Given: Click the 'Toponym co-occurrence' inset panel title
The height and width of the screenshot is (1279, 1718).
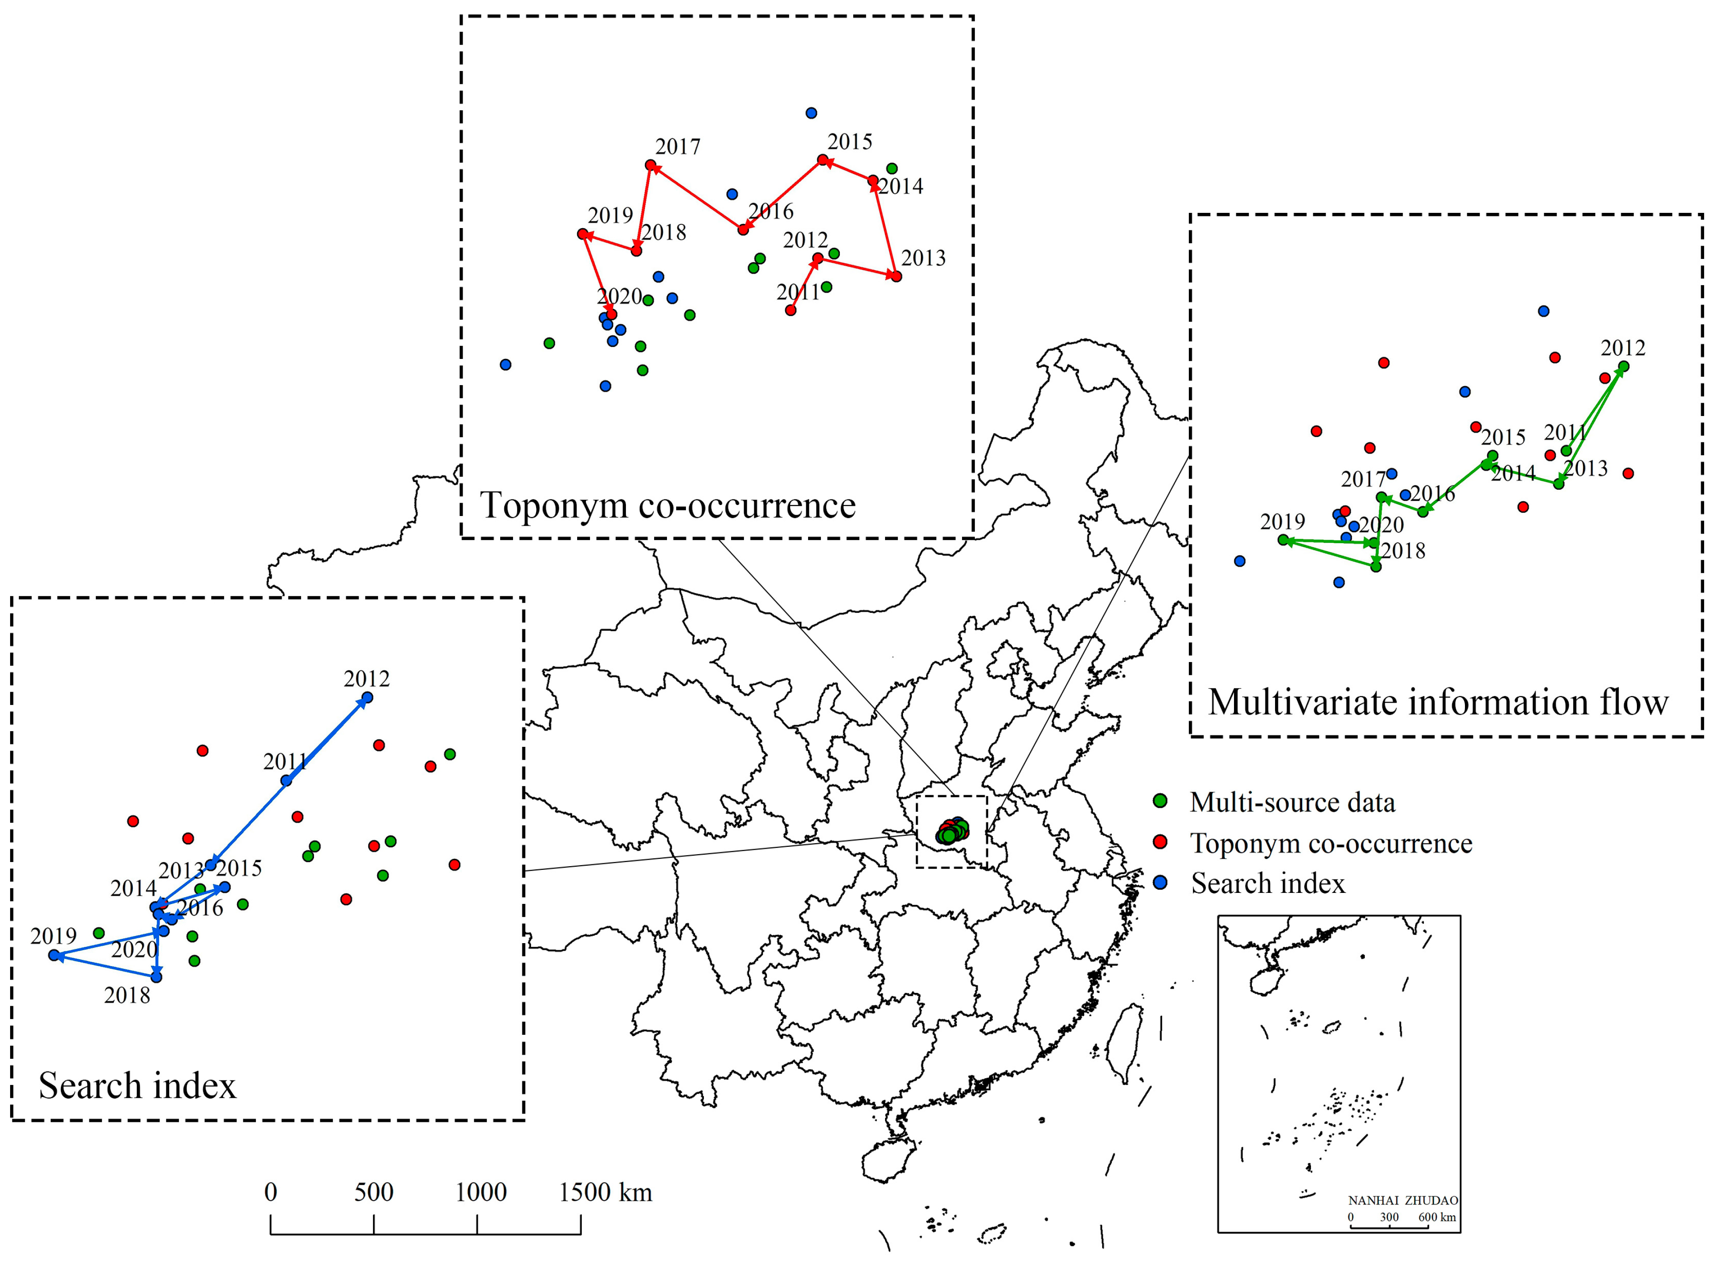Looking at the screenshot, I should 667,505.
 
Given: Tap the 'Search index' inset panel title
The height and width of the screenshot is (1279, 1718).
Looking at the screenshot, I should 137,1085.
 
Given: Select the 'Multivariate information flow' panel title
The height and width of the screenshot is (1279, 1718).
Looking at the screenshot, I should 1438,702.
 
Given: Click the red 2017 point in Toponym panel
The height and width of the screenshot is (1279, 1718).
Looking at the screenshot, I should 650,165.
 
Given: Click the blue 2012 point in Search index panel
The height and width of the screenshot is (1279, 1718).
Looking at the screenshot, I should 367,698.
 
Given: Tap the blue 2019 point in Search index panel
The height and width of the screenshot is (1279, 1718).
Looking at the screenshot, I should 53,956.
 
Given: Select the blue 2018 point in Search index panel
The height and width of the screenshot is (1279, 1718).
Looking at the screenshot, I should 156,977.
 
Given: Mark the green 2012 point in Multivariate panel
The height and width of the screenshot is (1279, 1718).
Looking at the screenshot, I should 1624,366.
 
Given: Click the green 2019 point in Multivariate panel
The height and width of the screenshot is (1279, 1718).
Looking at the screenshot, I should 1283,540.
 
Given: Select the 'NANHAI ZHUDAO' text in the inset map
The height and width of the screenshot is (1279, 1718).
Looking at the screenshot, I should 1403,1201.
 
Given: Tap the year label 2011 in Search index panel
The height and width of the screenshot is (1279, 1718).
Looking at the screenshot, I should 285,762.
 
